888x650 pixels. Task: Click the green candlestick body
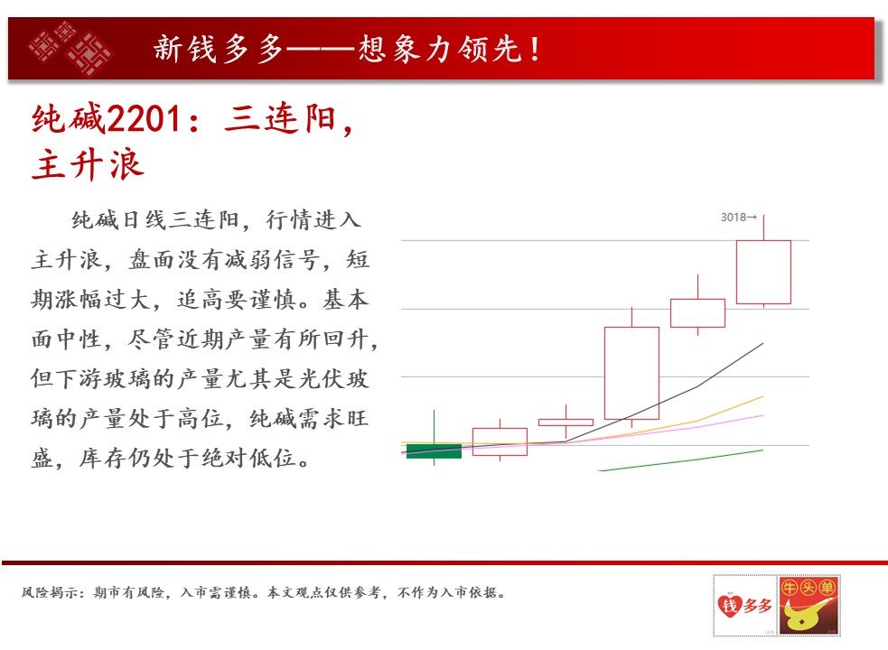coord(434,451)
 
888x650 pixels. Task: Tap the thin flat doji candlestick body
coord(566,422)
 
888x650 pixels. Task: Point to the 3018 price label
coord(738,218)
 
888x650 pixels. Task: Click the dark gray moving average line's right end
coord(762,343)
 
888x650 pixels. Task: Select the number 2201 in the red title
coord(145,119)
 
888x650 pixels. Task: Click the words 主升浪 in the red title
coord(88,164)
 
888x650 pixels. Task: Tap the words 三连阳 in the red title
coord(280,119)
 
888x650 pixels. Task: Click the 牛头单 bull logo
coord(809,605)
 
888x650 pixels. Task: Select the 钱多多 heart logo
coord(744,605)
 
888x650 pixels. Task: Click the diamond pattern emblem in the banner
coord(70,48)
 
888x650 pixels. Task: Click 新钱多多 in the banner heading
coord(219,49)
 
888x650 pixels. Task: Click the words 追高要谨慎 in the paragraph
coord(236,300)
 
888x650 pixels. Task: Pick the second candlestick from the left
coord(500,441)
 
